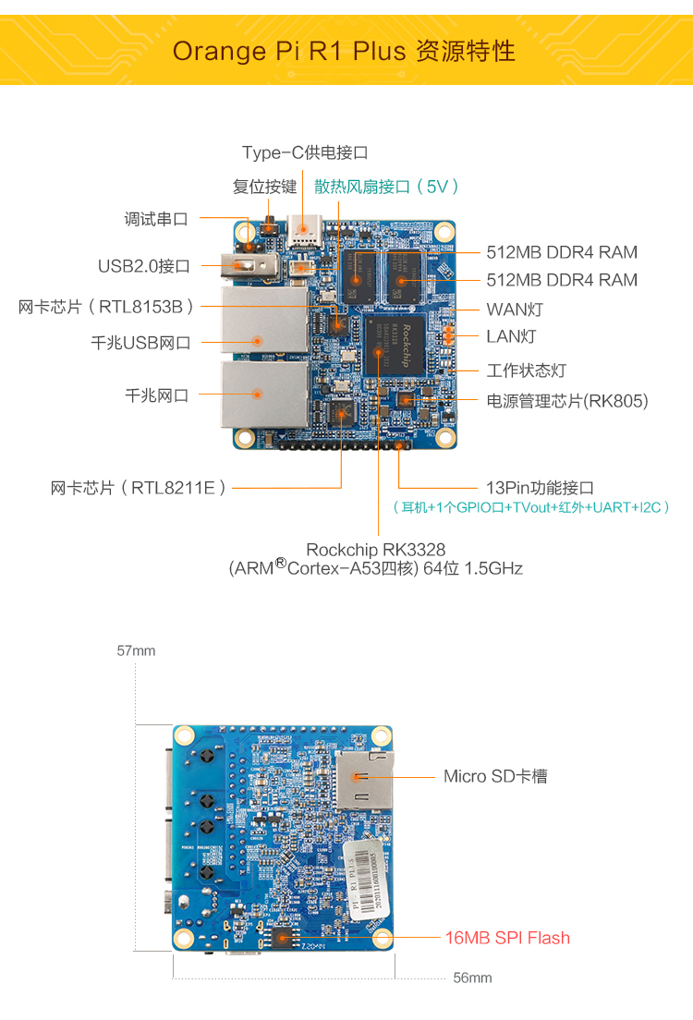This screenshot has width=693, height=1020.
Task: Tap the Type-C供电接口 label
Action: click(305, 152)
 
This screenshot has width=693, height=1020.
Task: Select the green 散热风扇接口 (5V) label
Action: click(387, 187)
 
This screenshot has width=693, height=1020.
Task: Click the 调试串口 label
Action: click(156, 219)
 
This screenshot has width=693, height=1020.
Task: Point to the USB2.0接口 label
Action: click(144, 266)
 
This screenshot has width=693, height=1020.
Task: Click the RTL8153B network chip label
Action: click(106, 307)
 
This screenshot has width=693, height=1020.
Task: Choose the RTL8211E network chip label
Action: click(139, 488)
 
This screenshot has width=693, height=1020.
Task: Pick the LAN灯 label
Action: click(511, 336)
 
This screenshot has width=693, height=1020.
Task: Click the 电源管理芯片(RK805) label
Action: click(567, 401)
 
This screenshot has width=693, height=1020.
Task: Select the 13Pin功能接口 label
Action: click(540, 488)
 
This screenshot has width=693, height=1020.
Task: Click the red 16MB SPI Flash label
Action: click(507, 938)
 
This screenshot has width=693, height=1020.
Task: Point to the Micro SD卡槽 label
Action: click(495, 776)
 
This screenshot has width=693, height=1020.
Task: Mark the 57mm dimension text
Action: click(136, 650)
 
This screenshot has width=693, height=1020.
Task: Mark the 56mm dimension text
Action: click(472, 977)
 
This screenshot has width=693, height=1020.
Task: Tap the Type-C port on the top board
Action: click(302, 228)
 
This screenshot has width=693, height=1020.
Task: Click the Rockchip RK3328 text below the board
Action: click(375, 550)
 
